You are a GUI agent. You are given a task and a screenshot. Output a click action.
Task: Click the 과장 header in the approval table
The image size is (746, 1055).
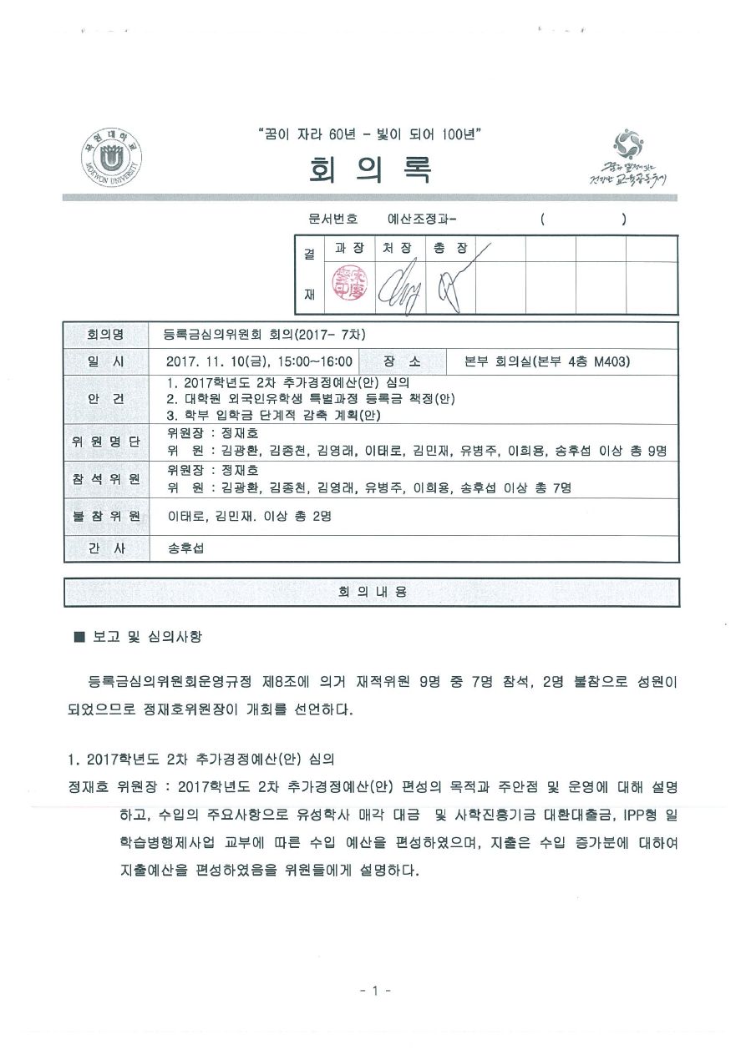pos(349,249)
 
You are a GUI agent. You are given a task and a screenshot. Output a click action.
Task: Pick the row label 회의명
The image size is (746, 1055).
pos(105,336)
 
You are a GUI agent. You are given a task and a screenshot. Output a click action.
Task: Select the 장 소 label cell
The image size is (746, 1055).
pos(402,361)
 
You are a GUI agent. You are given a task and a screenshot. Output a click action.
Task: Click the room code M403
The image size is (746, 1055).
pos(611,361)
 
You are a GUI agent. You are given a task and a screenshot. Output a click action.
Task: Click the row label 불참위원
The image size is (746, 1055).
pos(105,517)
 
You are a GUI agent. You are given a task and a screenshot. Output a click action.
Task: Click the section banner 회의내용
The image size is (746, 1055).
pos(372,592)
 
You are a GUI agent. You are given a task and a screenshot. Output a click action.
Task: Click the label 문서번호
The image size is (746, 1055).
pos(332,220)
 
